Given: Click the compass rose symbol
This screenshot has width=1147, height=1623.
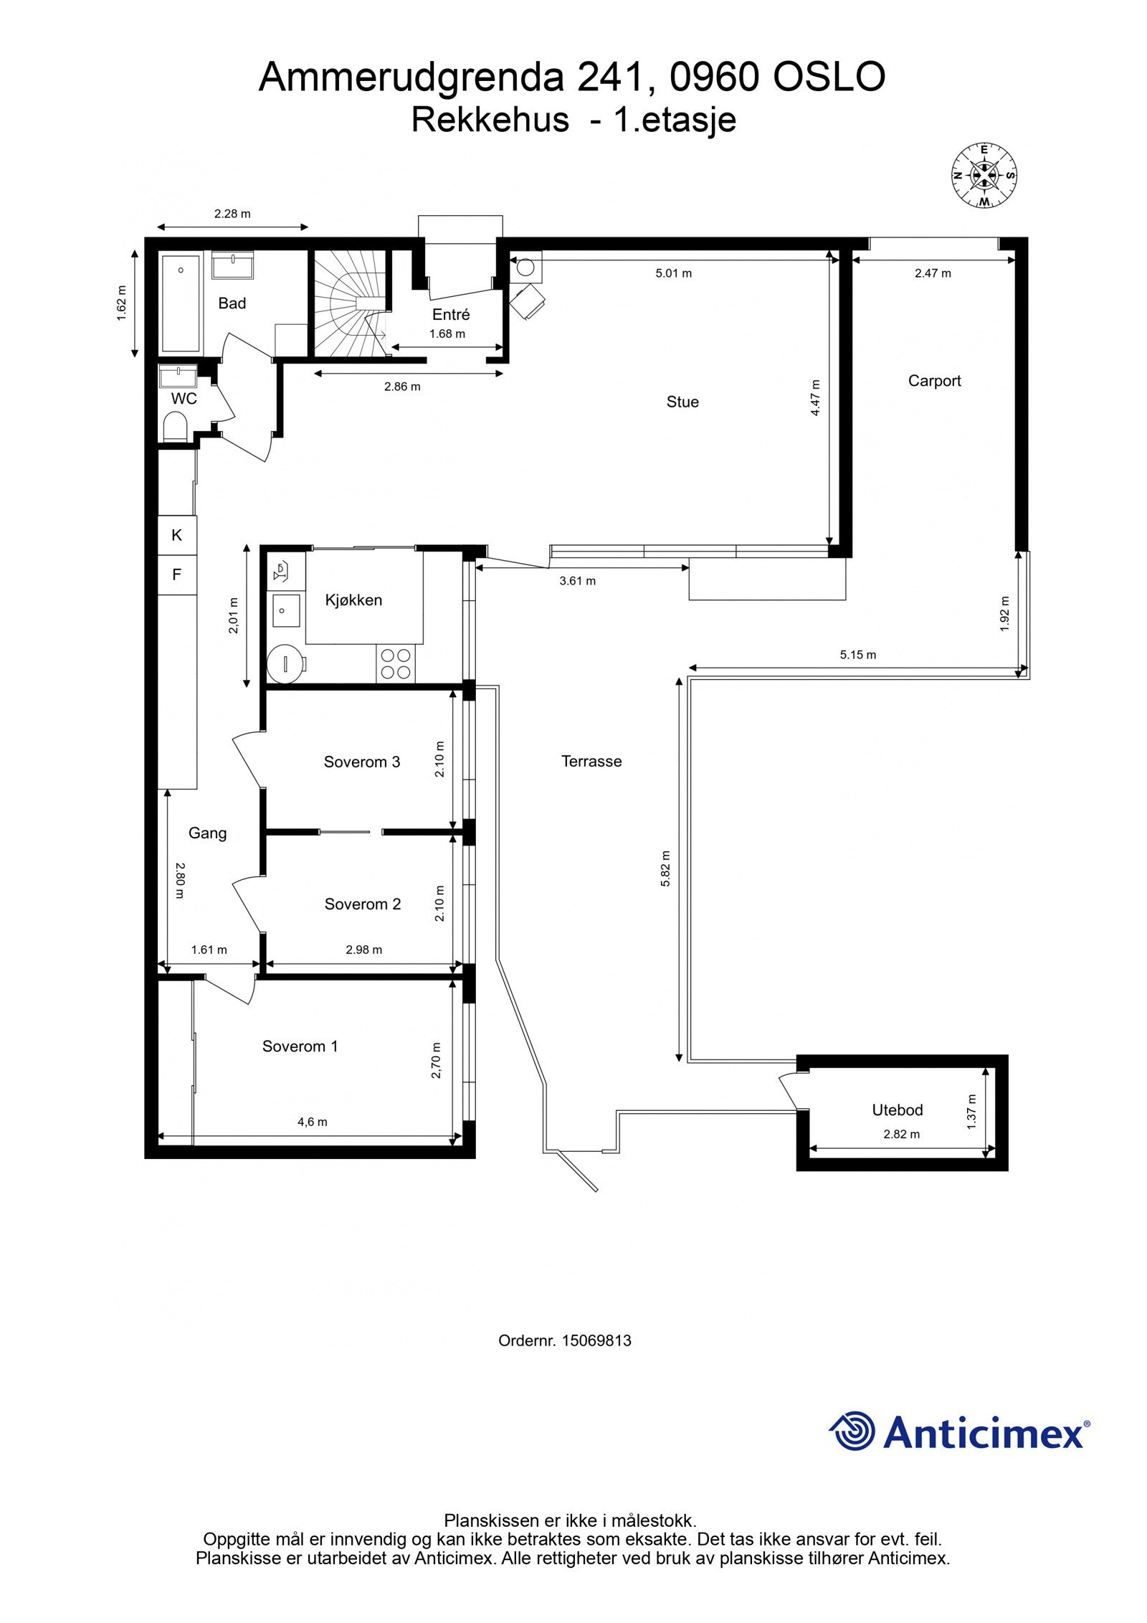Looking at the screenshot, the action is tap(984, 175).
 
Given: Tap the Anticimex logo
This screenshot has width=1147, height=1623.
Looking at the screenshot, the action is tap(959, 1432).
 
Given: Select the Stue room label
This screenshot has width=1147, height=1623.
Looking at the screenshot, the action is tap(682, 402).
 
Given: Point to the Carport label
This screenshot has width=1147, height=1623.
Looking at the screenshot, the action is tap(934, 381).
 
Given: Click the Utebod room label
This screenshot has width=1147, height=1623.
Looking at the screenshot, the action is tap(897, 1109).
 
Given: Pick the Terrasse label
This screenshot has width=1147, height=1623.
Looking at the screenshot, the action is tap(591, 761).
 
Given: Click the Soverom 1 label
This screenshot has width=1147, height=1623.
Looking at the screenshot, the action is tap(300, 1046).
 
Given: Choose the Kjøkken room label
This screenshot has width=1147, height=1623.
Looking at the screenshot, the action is tap(353, 600).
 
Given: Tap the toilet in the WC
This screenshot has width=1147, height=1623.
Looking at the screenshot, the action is tap(175, 427).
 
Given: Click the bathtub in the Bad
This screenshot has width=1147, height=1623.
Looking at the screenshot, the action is tap(181, 303).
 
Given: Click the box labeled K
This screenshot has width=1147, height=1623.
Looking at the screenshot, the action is tap(177, 535).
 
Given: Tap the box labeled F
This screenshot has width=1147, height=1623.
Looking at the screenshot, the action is tap(177, 574).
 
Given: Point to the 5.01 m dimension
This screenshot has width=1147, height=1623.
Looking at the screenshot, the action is tap(673, 273).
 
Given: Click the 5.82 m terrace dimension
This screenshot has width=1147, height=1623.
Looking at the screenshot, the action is tap(665, 869).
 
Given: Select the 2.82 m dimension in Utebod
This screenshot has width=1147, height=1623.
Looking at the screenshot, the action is tap(901, 1134).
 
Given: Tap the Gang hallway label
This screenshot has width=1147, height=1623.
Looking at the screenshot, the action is tap(207, 833).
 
